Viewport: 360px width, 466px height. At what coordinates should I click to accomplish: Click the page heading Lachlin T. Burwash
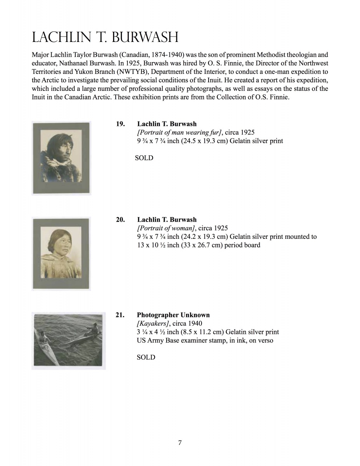tap(105, 37)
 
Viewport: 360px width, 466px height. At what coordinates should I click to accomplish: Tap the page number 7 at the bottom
tap(180, 443)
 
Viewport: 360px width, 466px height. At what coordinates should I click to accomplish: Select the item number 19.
tap(120, 124)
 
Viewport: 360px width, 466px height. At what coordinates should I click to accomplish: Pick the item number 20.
tap(120, 219)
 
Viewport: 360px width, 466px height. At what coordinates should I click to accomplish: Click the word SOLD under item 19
tap(144, 158)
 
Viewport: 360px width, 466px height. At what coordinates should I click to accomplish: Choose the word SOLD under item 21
tap(146, 357)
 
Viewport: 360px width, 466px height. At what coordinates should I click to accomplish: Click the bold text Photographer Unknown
tap(173, 315)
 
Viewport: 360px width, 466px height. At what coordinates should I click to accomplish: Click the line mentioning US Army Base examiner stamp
tap(205, 341)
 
